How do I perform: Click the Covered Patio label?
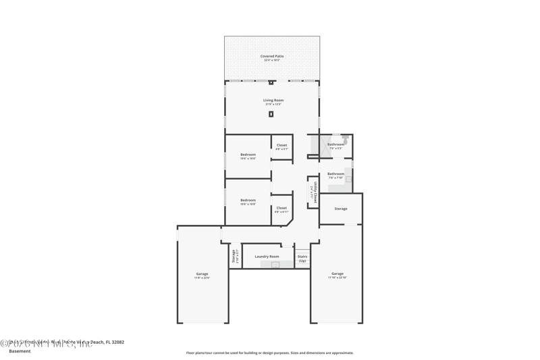pos(272,57)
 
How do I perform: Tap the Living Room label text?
pos(273,101)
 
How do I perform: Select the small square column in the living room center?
pos(271,114)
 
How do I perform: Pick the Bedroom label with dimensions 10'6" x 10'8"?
pos(248,201)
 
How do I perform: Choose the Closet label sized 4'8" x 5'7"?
pos(281,146)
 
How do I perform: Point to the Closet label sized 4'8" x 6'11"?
pos(281,209)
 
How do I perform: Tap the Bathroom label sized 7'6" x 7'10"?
pos(335,175)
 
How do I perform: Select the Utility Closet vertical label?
pos(314,192)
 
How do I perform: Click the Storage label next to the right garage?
pos(341,209)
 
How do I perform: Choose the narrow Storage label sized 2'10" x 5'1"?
pos(235,256)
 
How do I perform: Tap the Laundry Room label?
pos(267,257)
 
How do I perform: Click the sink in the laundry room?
pos(275,265)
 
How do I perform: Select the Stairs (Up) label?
pos(302,258)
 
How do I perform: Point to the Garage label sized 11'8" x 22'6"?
pos(202,275)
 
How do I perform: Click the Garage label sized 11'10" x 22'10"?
pos(337,275)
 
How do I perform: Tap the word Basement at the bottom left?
pos(20,351)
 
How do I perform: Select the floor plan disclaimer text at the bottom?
pos(269,353)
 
